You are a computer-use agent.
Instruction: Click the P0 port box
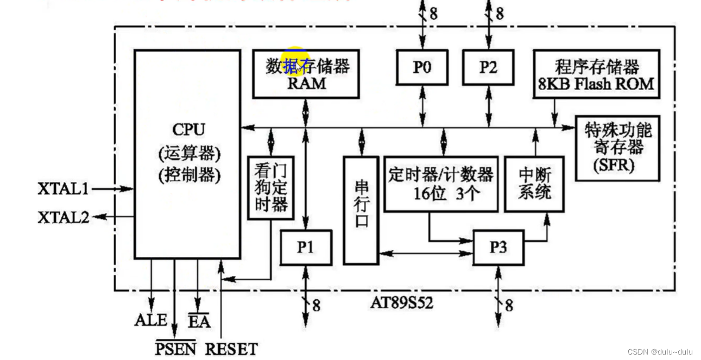[x=422, y=67]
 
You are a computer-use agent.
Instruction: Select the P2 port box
[x=488, y=67]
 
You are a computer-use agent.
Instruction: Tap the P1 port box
[x=306, y=248]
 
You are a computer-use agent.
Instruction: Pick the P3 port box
[x=498, y=248]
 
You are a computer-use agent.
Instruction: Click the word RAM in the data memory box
[x=307, y=84]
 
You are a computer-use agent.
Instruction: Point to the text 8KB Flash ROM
[x=596, y=84]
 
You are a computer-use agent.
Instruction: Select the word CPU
[x=188, y=130]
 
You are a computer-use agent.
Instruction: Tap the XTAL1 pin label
[x=63, y=189]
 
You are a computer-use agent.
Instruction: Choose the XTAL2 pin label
[x=63, y=217]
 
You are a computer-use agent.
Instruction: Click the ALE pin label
[x=150, y=320]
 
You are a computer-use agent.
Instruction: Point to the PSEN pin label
[x=175, y=349]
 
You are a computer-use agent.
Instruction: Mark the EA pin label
[x=199, y=321]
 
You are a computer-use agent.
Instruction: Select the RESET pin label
[x=231, y=349]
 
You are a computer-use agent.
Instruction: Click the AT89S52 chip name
[x=402, y=303]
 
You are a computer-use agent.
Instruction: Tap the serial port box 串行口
[x=361, y=210]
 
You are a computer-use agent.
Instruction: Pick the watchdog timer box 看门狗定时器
[x=270, y=188]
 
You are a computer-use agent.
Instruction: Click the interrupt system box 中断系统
[x=534, y=184]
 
